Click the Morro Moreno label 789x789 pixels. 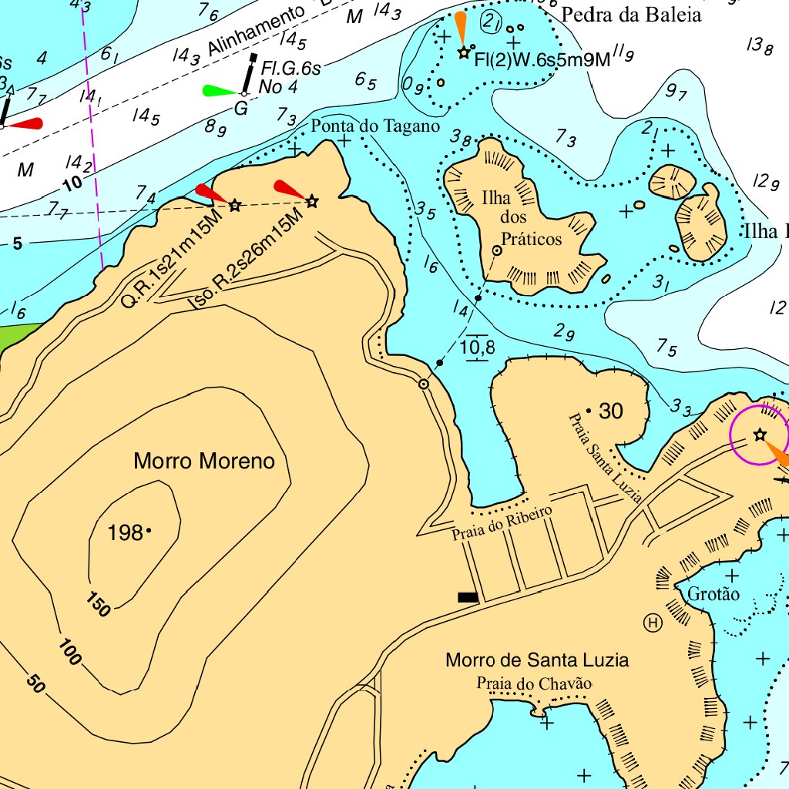pyautogui.click(x=204, y=462)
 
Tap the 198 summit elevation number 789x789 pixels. pyautogui.click(x=125, y=532)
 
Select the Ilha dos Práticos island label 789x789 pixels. pyautogui.click(x=521, y=218)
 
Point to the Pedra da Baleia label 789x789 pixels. pyautogui.click(x=631, y=15)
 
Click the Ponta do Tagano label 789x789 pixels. pyautogui.click(x=375, y=126)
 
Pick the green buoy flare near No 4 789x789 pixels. pyautogui.click(x=219, y=91)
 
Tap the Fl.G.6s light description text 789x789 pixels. pyautogui.click(x=290, y=68)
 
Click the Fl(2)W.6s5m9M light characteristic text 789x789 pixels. pyautogui.click(x=542, y=59)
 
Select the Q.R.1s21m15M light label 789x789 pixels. pyautogui.click(x=172, y=258)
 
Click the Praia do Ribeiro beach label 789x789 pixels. pyautogui.click(x=502, y=523)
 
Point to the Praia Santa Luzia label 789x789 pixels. pyautogui.click(x=605, y=458)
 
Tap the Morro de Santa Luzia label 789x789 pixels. pyautogui.click(x=536, y=660)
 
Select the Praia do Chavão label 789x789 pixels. pyautogui.click(x=533, y=683)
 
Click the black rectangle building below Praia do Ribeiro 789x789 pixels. pyautogui.click(x=467, y=596)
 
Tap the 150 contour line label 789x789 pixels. pyautogui.click(x=98, y=605)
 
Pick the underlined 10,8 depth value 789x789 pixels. pyautogui.click(x=478, y=348)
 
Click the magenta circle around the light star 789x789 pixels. pyautogui.click(x=759, y=435)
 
